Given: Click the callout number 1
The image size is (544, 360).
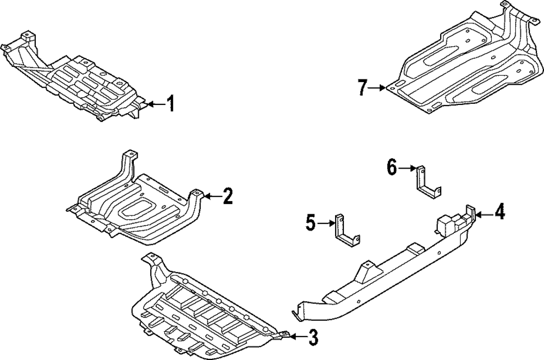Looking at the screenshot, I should (x=170, y=103).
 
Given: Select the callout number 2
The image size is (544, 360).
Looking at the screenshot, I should (x=227, y=196).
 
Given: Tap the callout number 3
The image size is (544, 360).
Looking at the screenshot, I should (x=312, y=338).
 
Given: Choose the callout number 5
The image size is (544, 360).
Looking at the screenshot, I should (x=310, y=222).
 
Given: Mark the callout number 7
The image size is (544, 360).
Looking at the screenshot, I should (x=363, y=87).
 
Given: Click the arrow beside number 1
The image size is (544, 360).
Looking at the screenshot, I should (x=156, y=103).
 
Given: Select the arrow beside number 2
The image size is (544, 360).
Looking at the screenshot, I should (x=212, y=196).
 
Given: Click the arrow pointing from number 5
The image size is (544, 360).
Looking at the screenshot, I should (x=325, y=222).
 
